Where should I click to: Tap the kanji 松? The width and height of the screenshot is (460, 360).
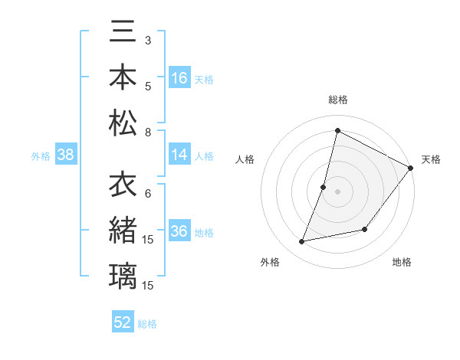(123, 123)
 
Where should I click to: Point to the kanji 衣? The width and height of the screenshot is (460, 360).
(123, 186)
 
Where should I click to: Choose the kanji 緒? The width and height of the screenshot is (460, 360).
(123, 231)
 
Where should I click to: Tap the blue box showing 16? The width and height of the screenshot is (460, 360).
(179, 78)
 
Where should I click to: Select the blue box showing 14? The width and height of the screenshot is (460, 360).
(179, 155)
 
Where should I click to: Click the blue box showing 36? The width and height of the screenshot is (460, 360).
(179, 231)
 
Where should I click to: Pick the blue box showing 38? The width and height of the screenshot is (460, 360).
(66, 155)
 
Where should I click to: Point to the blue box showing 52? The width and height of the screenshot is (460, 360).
(123, 322)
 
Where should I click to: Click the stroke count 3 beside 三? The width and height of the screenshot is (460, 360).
(147, 39)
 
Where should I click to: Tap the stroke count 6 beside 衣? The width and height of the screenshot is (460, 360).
(147, 193)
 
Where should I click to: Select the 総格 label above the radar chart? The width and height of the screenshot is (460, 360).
(337, 100)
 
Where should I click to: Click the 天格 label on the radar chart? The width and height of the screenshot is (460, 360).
(431, 159)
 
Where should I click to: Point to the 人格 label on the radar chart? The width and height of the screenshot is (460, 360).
(245, 159)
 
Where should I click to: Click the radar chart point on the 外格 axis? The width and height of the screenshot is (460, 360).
(302, 242)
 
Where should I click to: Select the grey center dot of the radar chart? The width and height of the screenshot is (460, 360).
(337, 191)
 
